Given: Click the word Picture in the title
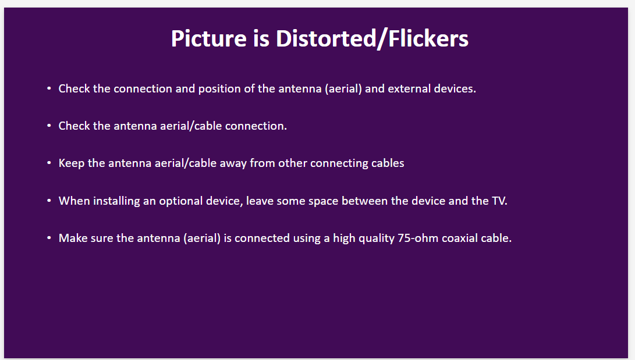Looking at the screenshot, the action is click(x=208, y=39).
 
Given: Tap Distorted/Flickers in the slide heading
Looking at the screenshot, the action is click(x=372, y=39).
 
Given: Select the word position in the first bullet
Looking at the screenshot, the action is click(x=219, y=89).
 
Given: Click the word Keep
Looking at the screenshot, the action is click(x=71, y=163).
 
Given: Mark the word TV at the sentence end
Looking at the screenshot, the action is click(x=499, y=201).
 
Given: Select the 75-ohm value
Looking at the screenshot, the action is click(x=418, y=238).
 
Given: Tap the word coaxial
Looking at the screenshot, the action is click(x=460, y=238).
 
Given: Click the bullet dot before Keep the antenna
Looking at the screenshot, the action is click(x=49, y=163).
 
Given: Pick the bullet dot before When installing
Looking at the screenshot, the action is click(x=49, y=201).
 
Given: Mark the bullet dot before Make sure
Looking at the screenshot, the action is click(x=49, y=238).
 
